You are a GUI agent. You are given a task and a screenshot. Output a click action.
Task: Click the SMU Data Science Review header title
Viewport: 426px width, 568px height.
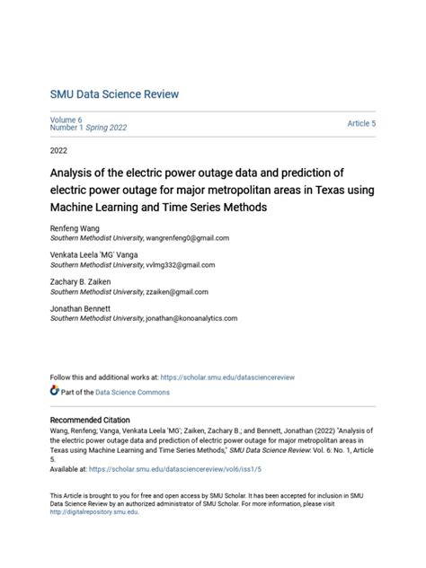114,94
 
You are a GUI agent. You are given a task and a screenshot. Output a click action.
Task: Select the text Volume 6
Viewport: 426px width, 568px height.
66,119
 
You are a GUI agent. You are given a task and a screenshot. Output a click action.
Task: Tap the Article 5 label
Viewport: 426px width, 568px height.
361,123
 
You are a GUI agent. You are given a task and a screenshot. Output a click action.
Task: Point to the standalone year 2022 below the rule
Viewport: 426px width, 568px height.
59,150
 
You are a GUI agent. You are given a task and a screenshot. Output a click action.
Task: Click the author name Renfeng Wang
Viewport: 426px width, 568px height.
74,229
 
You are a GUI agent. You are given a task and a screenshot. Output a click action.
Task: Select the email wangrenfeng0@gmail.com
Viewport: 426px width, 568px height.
188,239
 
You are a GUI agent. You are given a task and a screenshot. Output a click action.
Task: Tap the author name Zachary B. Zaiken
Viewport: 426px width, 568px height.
81,282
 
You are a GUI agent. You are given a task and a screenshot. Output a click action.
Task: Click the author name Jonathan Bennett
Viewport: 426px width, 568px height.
80,309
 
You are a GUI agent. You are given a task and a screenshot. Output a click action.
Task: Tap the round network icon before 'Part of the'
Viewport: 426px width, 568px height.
55,392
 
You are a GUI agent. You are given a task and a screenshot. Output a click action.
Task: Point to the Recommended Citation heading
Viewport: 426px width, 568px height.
89,421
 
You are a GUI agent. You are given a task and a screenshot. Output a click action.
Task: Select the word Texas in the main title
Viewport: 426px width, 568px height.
318,190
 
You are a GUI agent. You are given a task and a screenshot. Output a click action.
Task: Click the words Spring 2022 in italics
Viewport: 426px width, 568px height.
105,128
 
